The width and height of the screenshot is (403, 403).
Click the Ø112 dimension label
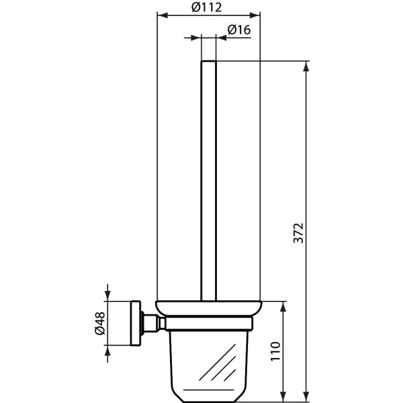click(207, 7)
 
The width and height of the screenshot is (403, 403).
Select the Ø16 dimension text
click(239, 30)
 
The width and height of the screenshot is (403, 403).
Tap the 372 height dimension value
click(300, 232)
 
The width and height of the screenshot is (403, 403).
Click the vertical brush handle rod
click(209, 181)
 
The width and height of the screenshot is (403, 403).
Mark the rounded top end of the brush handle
click(209, 63)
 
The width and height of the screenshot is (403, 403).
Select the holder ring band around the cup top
click(208, 326)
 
